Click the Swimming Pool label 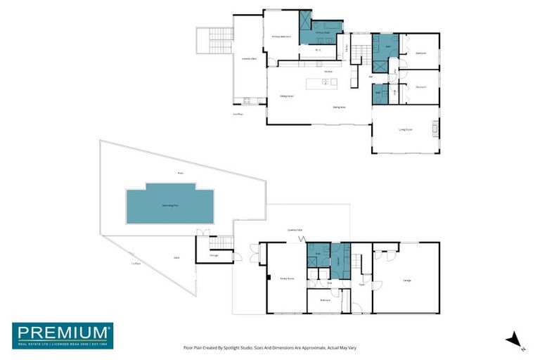coord(169,205)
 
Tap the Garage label coord(406,280)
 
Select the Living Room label coord(406,129)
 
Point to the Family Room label coord(286,278)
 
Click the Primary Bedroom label coord(281,37)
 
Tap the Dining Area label coord(339,107)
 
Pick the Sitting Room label coord(287,96)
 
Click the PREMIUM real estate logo coord(63,335)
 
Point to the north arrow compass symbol coord(515,340)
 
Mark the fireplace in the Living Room coord(435,128)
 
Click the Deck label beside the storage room coord(176,258)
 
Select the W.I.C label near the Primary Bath coord(318,51)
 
